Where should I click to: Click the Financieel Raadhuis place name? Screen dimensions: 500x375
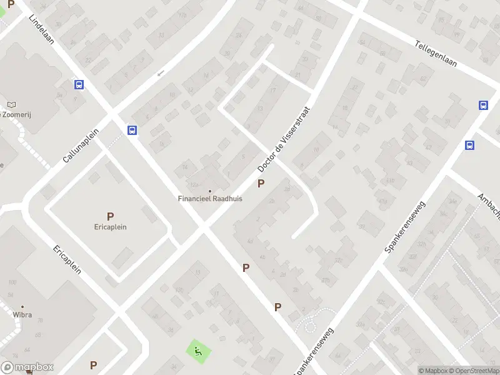click(x=210, y=199)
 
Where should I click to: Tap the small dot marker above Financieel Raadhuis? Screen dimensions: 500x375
click(x=210, y=191)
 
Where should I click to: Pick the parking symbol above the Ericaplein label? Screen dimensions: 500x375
click(x=110, y=216)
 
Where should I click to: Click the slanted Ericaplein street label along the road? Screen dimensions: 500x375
click(x=67, y=259)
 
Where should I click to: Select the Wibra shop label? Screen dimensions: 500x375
click(x=22, y=315)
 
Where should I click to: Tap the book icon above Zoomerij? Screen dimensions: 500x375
click(x=11, y=104)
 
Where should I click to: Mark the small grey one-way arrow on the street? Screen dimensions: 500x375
click(x=160, y=73)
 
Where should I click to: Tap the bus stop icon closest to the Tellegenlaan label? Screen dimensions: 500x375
click(x=483, y=105)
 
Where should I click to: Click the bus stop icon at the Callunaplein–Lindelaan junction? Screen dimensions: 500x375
click(x=132, y=130)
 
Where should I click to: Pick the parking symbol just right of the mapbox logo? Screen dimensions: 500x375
click(x=93, y=365)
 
